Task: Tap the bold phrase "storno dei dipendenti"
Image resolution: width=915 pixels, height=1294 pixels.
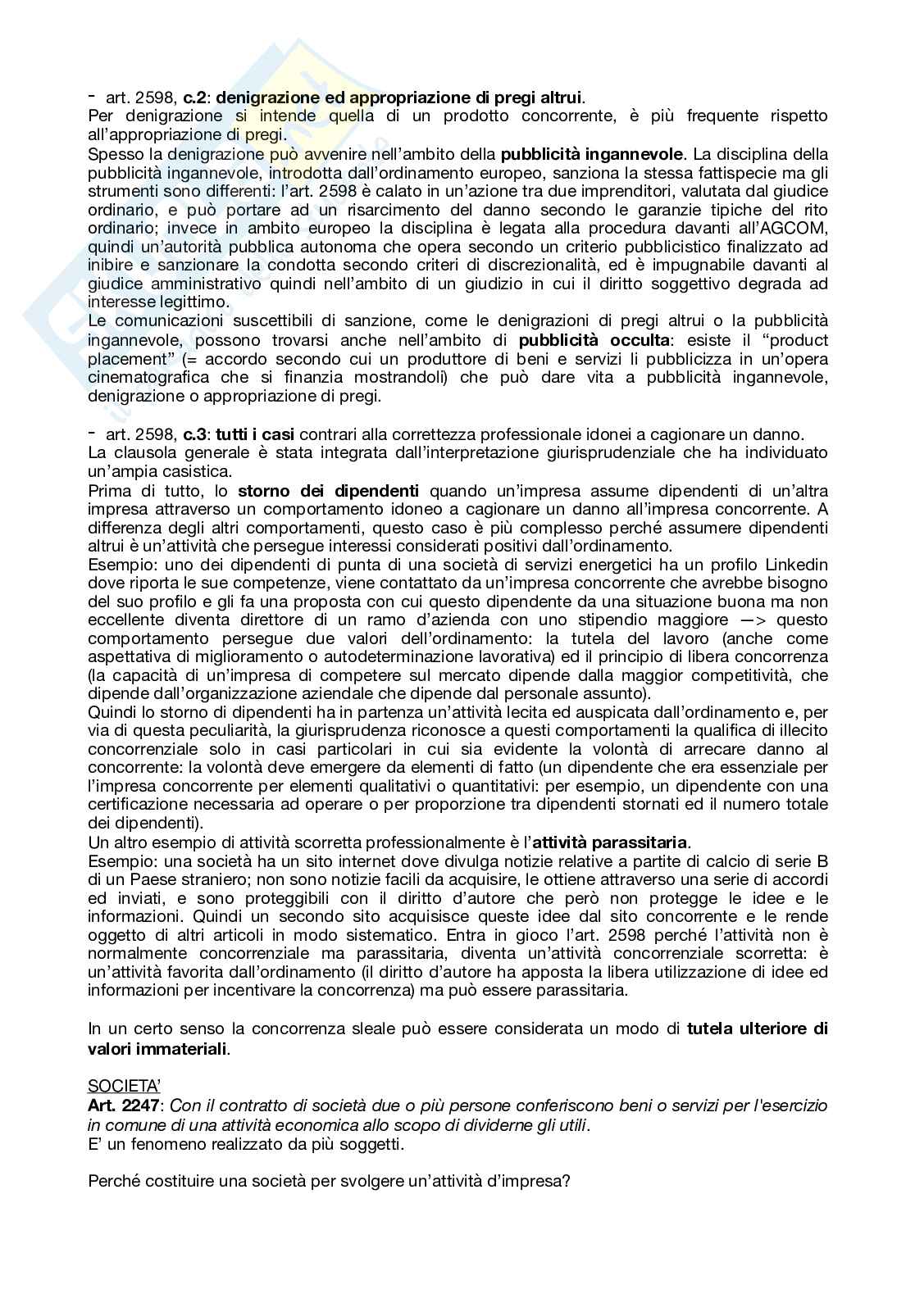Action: pos(328,491)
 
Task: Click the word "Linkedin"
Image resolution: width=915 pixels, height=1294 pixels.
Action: pos(795,565)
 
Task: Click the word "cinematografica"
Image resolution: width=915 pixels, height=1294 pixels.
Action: pos(142,378)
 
